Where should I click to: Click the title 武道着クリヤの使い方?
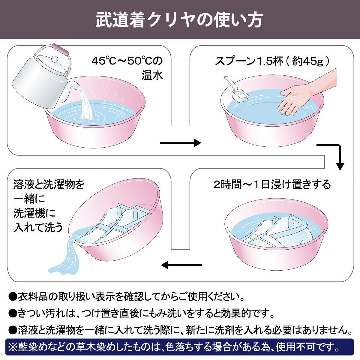pos(179,19)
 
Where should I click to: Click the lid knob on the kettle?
pos(55,58)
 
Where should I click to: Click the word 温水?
pos(152,75)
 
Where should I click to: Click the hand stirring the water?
pos(295,96)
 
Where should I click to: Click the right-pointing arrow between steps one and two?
pos(181,143)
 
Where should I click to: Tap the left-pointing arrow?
pos(181,265)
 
